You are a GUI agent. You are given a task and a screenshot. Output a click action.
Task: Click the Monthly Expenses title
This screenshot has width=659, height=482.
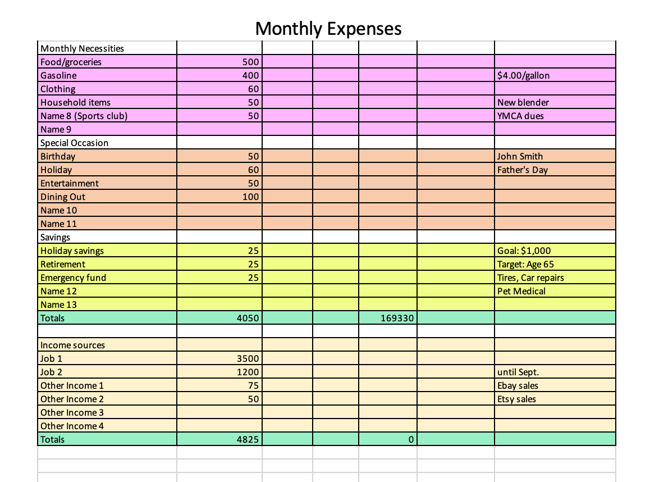[328, 29]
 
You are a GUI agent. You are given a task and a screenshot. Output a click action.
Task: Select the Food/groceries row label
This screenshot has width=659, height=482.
[71, 62]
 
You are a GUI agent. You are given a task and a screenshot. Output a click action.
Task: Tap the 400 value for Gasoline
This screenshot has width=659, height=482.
[250, 76]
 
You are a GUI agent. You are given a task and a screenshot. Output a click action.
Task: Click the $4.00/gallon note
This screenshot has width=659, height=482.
[523, 76]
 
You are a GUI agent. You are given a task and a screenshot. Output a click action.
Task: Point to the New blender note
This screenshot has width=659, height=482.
[523, 103]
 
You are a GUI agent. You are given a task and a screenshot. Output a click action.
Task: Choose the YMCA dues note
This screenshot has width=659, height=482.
[520, 116]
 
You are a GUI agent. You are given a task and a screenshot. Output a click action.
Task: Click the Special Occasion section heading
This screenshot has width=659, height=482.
[75, 143]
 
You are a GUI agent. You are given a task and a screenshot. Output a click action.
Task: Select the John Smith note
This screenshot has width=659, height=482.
[520, 157]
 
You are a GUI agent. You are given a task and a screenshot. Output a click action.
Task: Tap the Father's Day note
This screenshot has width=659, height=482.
[523, 170]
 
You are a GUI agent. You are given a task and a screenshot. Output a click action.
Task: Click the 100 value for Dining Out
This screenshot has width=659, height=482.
[250, 197]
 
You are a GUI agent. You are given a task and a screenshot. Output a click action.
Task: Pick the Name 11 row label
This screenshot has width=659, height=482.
[58, 224]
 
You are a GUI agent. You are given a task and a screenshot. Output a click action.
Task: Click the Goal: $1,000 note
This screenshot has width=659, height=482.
[524, 251]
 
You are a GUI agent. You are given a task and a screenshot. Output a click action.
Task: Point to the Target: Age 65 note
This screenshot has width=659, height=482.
[525, 264]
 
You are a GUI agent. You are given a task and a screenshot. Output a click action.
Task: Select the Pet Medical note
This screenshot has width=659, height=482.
[521, 291]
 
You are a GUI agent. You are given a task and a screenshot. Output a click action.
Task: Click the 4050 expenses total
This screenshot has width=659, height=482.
[248, 318]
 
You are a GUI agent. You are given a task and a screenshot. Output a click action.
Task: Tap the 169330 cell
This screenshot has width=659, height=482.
[397, 318]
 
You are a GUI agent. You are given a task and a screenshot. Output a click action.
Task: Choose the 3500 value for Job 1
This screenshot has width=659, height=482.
[248, 358]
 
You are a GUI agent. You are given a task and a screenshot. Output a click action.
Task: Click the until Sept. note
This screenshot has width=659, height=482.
[518, 372]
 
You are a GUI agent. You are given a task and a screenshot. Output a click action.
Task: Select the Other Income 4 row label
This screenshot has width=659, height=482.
[72, 426]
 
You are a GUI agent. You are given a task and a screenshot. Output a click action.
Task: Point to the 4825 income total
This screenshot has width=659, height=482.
[248, 439]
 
